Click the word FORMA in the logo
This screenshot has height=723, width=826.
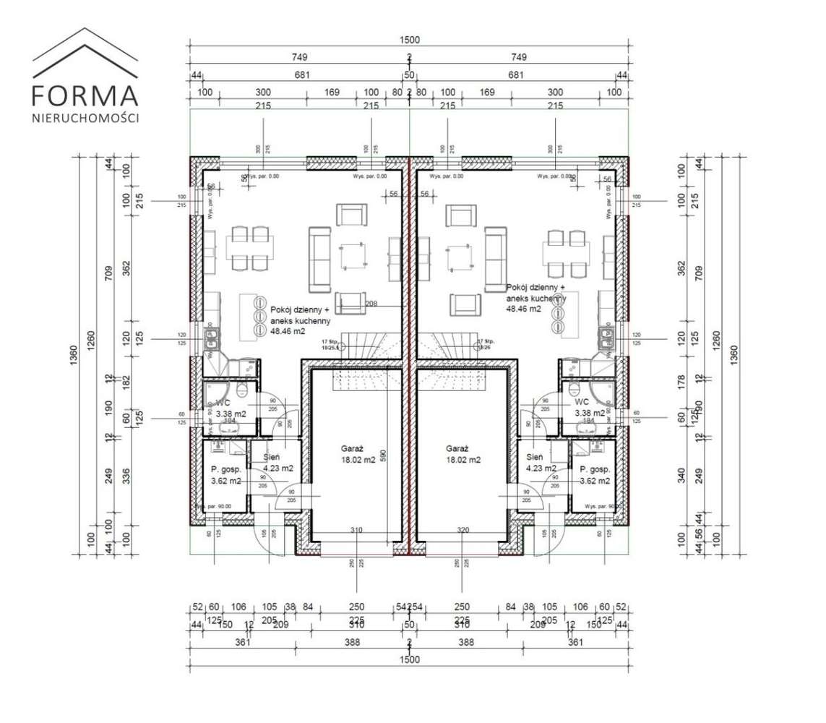pos(85,95)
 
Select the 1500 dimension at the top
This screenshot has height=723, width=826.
pos(409,40)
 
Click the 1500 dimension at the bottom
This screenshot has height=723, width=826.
pos(409,659)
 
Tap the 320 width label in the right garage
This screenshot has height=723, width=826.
pos(463,530)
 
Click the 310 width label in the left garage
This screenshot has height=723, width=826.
pos(356,530)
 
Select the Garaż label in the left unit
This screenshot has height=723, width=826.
pos(352,448)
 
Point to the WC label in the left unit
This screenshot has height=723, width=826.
pos(223,402)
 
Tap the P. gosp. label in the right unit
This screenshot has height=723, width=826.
pos(595,469)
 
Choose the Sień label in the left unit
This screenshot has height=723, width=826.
pos(272,458)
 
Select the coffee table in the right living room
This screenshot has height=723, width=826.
pos(460,257)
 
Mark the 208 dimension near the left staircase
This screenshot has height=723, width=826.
pos(372,304)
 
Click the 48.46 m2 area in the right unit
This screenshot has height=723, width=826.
pos(524,309)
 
